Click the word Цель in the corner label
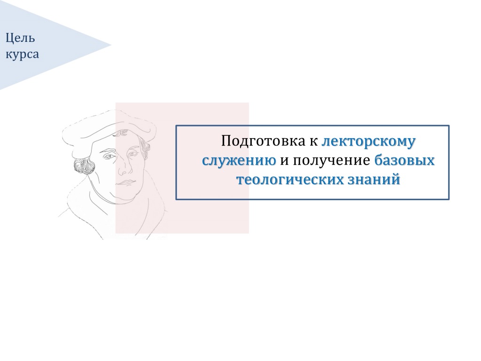click(20, 39)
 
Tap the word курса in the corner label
click(22, 55)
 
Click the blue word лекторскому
click(369, 141)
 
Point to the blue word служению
click(239, 161)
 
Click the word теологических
click(290, 180)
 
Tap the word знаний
click(374, 179)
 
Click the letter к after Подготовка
click(314, 142)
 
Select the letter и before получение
click(284, 161)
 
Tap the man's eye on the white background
click(109, 157)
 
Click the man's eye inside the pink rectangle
click(132, 153)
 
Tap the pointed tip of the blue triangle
click(111, 45)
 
